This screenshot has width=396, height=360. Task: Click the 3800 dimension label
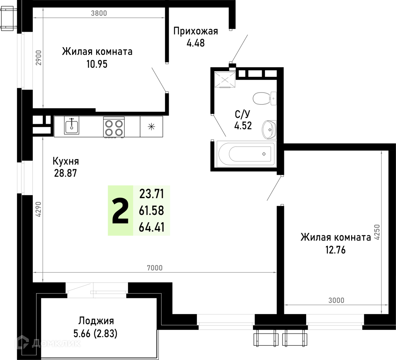tap(99, 13)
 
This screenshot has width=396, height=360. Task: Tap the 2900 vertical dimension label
tap(38, 58)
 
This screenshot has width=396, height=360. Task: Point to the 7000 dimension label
tap(154, 268)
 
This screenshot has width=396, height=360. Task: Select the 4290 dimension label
tap(38, 209)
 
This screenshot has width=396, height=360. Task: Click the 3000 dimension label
tap(336, 300)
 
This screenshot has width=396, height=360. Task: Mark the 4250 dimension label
tap(377, 232)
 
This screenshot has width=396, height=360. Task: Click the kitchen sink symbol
tap(71, 125)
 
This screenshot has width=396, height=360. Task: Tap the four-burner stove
tap(114, 127)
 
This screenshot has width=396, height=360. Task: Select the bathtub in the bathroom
tap(246, 153)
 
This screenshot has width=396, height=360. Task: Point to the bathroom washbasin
tap(269, 130)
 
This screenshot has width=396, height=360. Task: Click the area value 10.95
tap(97, 64)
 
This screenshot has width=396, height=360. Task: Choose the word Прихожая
tap(196, 31)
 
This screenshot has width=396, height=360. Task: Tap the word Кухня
tap(66, 161)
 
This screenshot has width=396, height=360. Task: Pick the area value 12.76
tap(335, 250)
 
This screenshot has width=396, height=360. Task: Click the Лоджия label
tap(96, 321)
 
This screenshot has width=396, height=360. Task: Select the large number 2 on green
tap(120, 210)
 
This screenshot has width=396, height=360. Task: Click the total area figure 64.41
tap(152, 227)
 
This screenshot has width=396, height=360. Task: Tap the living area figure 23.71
tap(152, 194)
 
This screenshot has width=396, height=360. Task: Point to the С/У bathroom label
tap(242, 114)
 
